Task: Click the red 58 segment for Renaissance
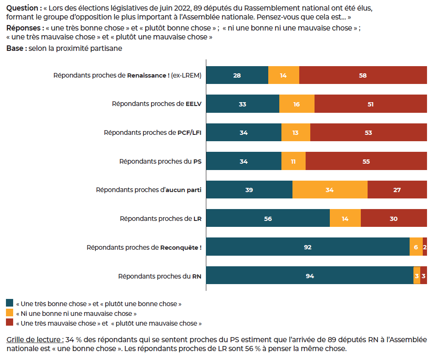(363, 75)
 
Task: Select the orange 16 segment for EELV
(297, 104)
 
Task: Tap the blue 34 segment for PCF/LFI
(244, 133)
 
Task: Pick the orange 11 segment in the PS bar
(293, 161)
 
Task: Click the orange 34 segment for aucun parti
(330, 190)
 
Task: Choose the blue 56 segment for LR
(268, 218)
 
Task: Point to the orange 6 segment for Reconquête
(416, 247)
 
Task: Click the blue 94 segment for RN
(310, 276)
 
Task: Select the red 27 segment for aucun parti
(397, 190)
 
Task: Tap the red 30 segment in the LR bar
(393, 218)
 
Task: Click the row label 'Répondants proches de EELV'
(157, 104)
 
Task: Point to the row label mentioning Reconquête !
(144, 247)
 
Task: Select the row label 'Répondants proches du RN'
(160, 276)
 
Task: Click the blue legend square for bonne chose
(10, 303)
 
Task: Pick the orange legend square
(10, 313)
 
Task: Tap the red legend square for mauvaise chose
(10, 323)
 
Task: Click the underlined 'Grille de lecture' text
(35, 340)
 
